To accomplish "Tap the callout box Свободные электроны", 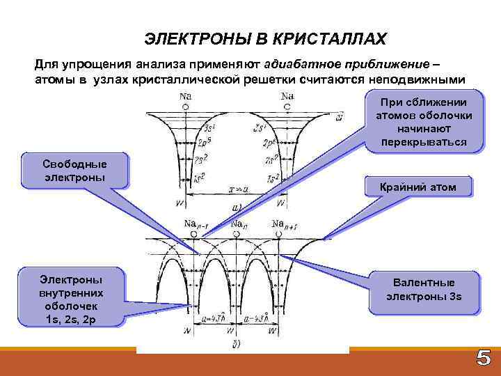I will pos(74,171).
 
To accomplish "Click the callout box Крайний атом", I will pos(418,187).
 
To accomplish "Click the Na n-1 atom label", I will pos(195,224).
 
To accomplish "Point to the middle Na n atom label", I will pos(239,224).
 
